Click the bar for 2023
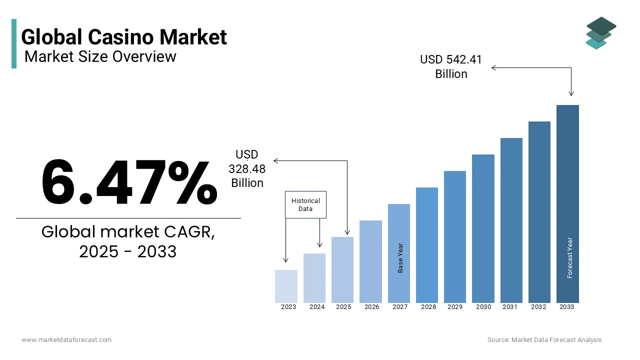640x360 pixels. [x=286, y=286]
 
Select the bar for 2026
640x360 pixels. [x=370, y=261]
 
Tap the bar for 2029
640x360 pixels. [x=455, y=236]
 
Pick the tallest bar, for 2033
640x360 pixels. [x=567, y=203]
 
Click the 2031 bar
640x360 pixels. [x=511, y=220]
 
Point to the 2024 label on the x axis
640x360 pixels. [x=317, y=307]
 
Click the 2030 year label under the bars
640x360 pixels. [x=483, y=307]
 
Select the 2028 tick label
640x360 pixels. [x=428, y=307]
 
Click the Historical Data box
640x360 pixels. [x=305, y=204]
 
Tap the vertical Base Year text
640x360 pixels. [x=400, y=258]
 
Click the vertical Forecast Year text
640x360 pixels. [x=570, y=257]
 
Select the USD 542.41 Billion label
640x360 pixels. [x=451, y=66]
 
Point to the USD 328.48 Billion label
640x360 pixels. [x=247, y=169]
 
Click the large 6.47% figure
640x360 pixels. [x=129, y=182]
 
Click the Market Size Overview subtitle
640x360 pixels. [x=100, y=56]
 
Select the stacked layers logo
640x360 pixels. [x=600, y=33]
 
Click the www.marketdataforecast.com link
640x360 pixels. [x=66, y=340]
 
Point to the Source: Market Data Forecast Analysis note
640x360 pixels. [x=544, y=340]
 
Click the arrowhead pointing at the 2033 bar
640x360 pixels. [x=571, y=93]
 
